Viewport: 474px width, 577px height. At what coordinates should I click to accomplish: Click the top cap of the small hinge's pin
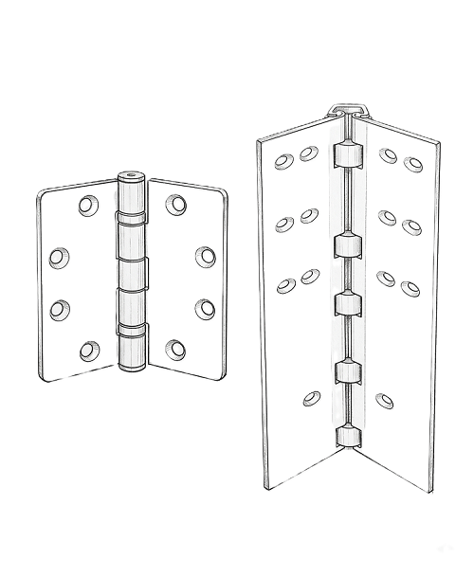pyautogui.click(x=130, y=177)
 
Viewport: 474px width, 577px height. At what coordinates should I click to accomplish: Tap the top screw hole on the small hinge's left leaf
pyautogui.click(x=88, y=204)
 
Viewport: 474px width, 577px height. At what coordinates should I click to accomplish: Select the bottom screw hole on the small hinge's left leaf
pyautogui.click(x=88, y=351)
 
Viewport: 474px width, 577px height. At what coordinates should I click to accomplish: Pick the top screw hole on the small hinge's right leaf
pyautogui.click(x=174, y=203)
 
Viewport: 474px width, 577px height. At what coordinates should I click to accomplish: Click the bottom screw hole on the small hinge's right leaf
pyautogui.click(x=174, y=350)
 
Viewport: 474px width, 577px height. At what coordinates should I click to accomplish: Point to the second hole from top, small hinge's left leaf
pyautogui.click(x=59, y=255)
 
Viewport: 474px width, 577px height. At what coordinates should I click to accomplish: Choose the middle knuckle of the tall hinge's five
pyautogui.click(x=346, y=303)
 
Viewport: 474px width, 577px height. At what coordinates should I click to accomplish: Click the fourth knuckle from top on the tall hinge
pyautogui.click(x=346, y=370)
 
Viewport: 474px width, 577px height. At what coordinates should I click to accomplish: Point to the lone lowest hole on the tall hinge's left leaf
pyautogui.click(x=311, y=398)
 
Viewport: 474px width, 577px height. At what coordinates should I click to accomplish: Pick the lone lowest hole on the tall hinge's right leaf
pyautogui.click(x=383, y=401)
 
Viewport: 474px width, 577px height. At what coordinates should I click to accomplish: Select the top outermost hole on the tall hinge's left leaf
pyautogui.click(x=284, y=161)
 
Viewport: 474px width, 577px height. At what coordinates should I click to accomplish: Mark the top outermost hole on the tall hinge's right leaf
pyautogui.click(x=411, y=164)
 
